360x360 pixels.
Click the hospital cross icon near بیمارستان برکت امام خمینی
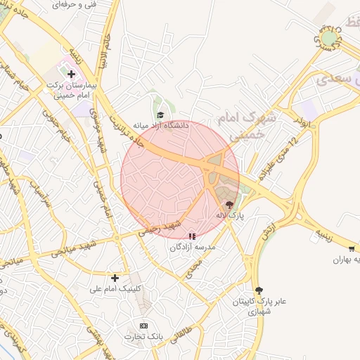71,73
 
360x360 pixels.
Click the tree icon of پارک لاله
229,205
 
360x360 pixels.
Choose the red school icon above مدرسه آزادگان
193,237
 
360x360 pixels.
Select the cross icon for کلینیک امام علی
115,278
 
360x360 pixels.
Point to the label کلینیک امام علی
115,288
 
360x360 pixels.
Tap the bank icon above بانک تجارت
144,326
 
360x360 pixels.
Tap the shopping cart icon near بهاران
352,249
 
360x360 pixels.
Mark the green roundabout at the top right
329,37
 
